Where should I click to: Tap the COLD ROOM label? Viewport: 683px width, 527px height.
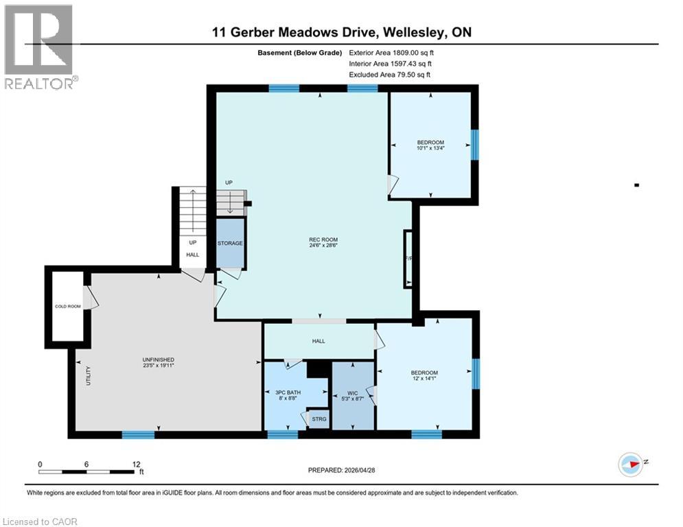[68, 307]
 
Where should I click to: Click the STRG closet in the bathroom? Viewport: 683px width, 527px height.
[319, 418]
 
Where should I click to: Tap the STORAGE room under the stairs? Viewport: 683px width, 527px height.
[231, 244]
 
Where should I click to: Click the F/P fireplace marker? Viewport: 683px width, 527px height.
[408, 259]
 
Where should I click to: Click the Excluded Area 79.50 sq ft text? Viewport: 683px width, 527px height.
[391, 75]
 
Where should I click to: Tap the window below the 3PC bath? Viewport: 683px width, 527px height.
[282, 434]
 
